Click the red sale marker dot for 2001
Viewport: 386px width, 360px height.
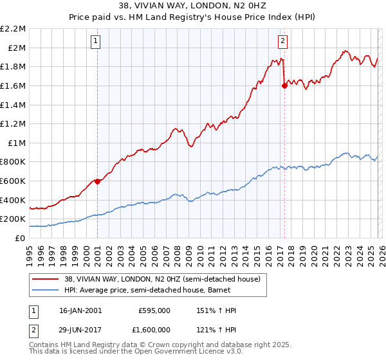click(98, 181)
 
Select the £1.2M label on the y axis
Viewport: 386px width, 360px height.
click(14, 123)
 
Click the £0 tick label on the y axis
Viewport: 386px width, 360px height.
click(19, 238)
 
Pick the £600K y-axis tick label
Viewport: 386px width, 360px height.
click(14, 181)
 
